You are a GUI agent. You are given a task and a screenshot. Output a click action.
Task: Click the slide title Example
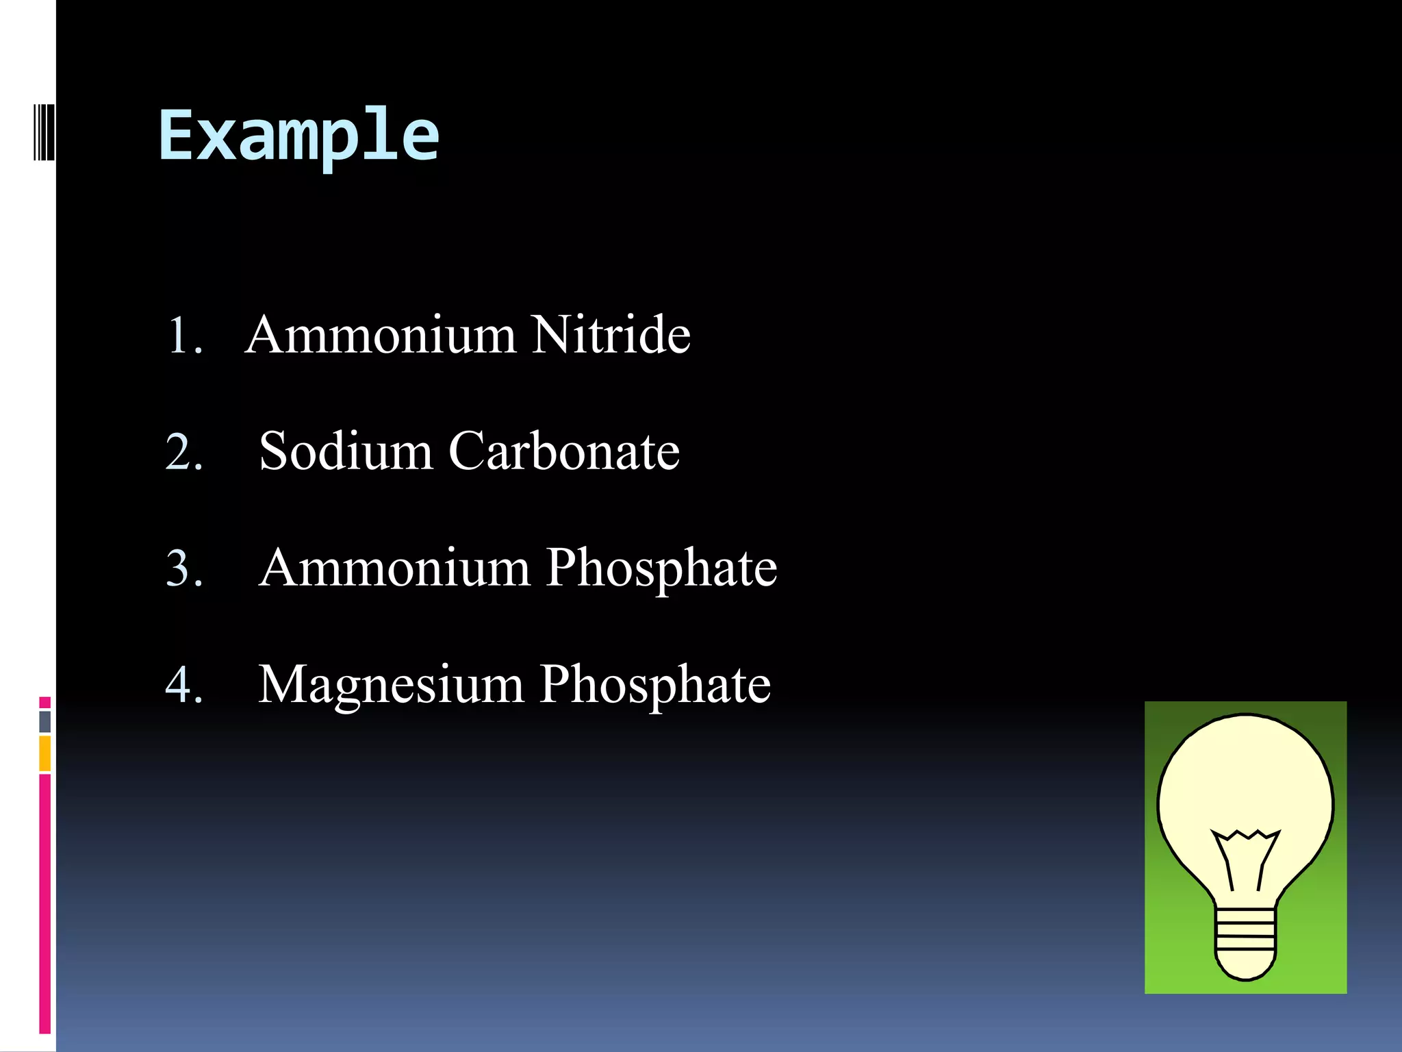298,137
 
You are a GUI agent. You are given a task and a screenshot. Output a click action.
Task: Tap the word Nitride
611,335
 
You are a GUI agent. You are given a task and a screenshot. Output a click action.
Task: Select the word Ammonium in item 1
381,335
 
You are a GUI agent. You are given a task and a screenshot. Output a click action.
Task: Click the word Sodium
346,451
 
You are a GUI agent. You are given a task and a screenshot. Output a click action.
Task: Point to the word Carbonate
564,451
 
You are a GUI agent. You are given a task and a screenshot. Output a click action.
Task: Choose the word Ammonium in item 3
395,568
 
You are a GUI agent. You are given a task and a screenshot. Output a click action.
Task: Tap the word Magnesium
391,685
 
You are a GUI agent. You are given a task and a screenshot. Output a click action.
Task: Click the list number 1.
184,336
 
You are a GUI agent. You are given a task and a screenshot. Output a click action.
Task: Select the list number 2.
184,453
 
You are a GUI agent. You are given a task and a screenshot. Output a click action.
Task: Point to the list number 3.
184,569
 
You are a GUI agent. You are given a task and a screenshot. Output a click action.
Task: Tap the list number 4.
184,685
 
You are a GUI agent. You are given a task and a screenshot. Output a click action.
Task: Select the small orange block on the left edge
45,753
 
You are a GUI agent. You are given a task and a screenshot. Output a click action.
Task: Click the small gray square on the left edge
45,721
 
